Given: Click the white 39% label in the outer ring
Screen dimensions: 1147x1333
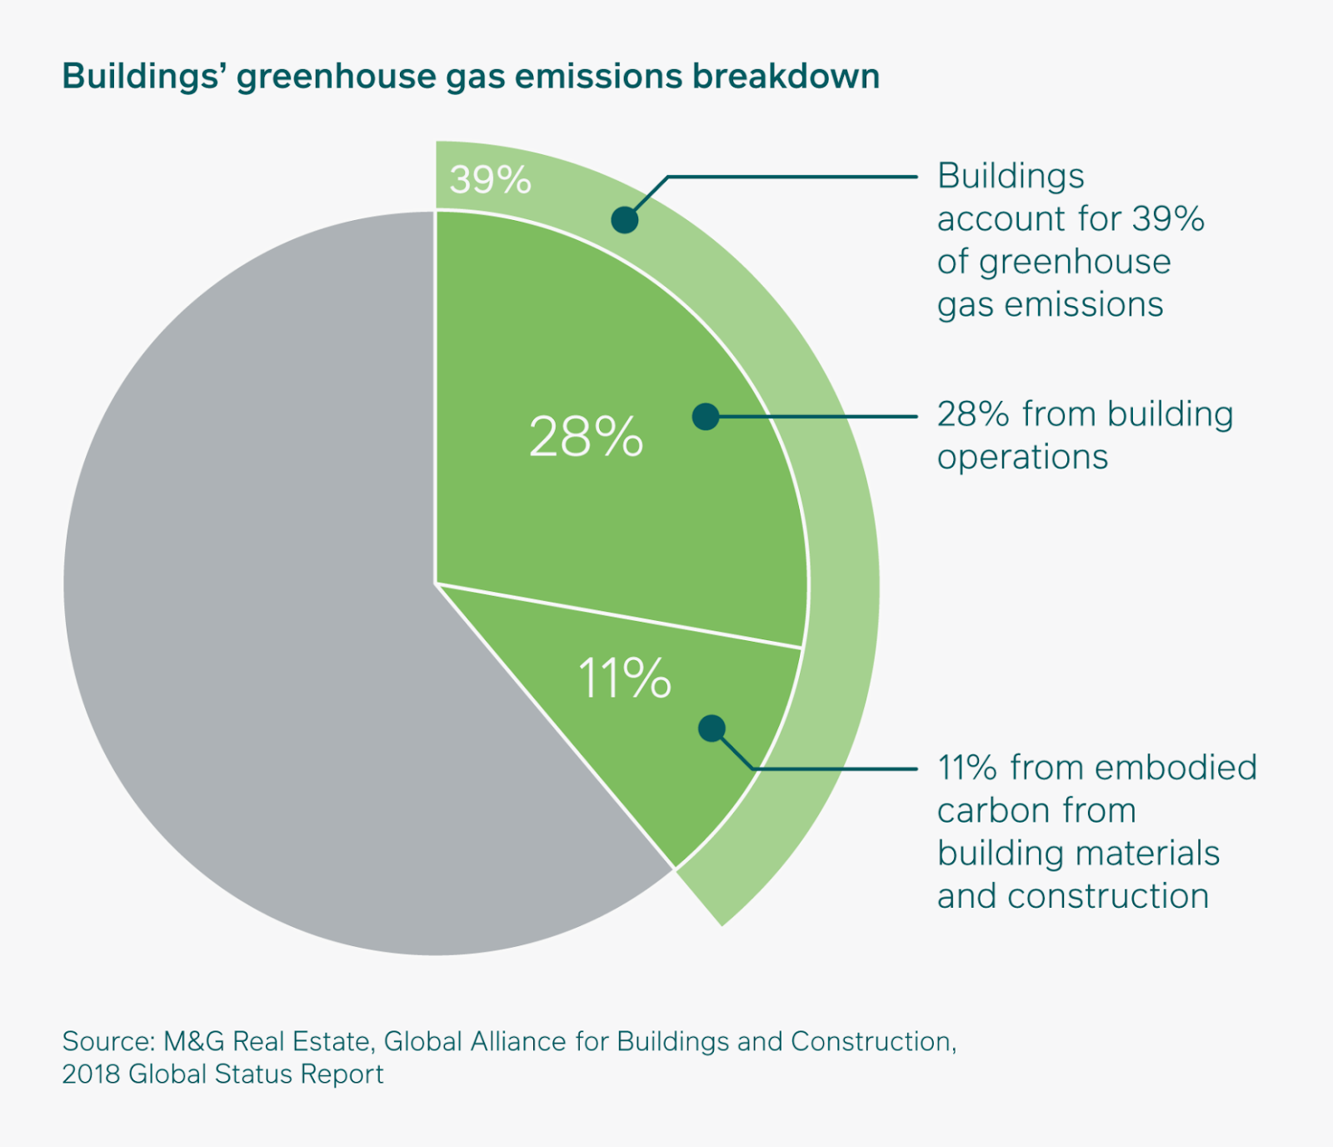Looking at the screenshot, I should pyautogui.click(x=490, y=179).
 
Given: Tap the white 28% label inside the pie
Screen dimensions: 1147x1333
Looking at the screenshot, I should pyautogui.click(x=586, y=436).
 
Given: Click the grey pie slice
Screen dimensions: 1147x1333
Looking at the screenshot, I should pyautogui.click(x=250, y=584).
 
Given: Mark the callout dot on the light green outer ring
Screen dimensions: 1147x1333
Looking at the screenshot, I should pyautogui.click(x=625, y=220).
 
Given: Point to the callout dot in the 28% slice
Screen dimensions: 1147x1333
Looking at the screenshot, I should pyautogui.click(x=706, y=416).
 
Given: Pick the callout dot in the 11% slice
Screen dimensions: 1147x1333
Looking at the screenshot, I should pyautogui.click(x=711, y=729).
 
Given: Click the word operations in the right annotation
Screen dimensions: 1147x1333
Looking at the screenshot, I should pyautogui.click(x=1022, y=457).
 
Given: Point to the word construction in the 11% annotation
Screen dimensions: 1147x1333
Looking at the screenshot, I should pyautogui.click(x=1107, y=896).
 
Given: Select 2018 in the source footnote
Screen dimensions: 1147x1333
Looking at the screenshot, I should pyautogui.click(x=91, y=1074).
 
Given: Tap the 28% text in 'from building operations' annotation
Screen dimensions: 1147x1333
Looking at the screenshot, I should pyautogui.click(x=973, y=414).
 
